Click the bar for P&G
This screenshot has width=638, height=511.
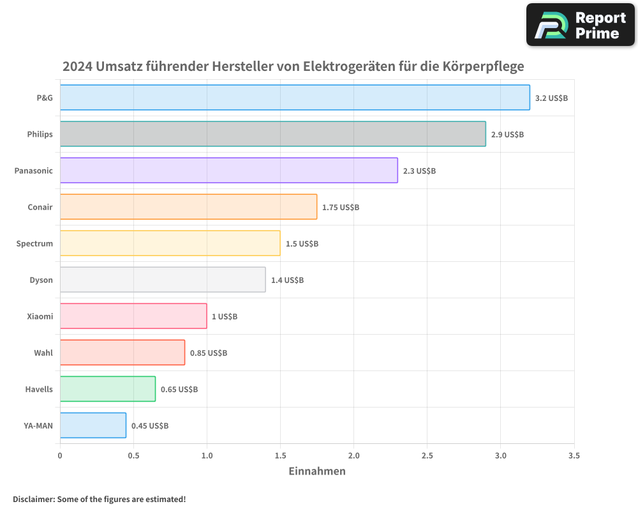click(x=295, y=98)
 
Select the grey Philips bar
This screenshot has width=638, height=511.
click(x=273, y=134)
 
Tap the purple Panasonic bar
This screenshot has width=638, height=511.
click(x=228, y=171)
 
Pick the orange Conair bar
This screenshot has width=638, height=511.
click(x=188, y=207)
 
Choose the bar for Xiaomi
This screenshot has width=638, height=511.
click(x=133, y=316)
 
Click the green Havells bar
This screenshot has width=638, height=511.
click(x=108, y=389)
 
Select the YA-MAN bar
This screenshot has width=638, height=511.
click(x=93, y=425)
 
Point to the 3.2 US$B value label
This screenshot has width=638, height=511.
click(x=551, y=98)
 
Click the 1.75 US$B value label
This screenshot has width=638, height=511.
click(x=341, y=208)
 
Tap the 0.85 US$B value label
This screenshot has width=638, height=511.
click(x=209, y=353)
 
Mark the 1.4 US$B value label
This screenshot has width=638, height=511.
click(x=287, y=280)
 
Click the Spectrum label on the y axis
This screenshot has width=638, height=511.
click(x=34, y=244)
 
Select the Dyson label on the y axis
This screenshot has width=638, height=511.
click(x=41, y=280)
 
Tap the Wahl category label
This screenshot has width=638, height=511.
click(x=43, y=353)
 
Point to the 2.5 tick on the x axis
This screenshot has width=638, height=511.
click(x=427, y=456)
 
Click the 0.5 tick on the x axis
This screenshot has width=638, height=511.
click(x=133, y=456)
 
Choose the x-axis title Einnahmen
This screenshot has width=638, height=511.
click(x=317, y=471)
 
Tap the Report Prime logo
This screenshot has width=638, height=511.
click(x=581, y=25)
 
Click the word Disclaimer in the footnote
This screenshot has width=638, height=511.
click(x=33, y=500)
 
